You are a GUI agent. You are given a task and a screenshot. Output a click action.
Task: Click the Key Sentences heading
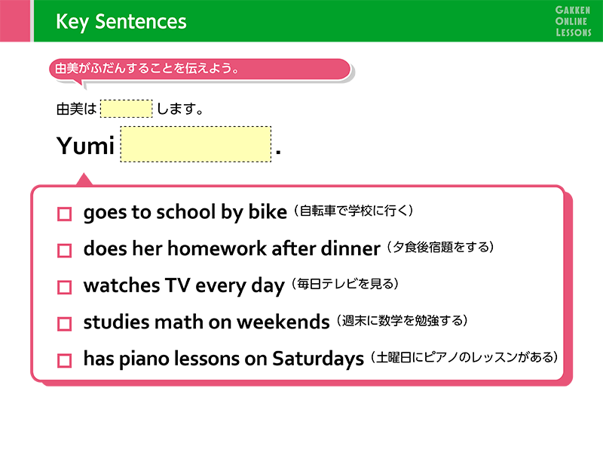pos(121,22)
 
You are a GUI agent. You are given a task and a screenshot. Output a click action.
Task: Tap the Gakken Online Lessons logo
pos(573,21)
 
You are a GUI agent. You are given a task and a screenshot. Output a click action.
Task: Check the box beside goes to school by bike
pos(64,214)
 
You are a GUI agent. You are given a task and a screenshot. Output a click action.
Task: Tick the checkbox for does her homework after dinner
pos(64,251)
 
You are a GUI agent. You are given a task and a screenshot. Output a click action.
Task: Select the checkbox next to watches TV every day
pos(64,287)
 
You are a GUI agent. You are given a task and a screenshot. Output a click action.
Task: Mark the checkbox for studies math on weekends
pos(64,324)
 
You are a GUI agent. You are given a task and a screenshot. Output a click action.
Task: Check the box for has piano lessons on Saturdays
pos(64,361)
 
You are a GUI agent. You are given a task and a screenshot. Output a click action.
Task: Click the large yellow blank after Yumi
pos(196,144)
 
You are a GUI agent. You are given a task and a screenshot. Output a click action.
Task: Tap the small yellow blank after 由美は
pos(126,109)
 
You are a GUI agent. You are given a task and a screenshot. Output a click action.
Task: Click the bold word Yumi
pos(85,146)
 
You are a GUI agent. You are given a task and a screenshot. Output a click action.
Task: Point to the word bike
pos(268,212)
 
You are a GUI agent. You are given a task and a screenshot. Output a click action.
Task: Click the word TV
pos(178,285)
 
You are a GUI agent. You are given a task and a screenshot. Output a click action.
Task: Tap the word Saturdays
pos(318,359)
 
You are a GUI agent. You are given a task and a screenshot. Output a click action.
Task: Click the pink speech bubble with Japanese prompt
pos(200,69)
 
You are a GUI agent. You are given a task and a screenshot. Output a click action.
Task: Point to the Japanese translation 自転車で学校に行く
pos(354,211)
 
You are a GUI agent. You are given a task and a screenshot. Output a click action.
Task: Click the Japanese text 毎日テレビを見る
pos(345,284)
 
